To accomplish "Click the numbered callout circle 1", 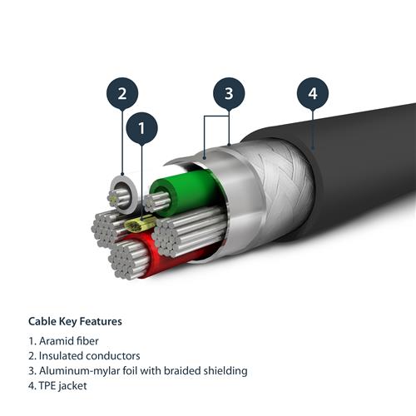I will point(141,129).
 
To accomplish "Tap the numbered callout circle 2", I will point(122,93).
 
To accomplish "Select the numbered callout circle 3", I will point(230,93).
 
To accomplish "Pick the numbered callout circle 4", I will point(313,93).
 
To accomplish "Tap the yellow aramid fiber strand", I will point(138,225).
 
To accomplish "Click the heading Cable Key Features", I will point(75,321).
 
